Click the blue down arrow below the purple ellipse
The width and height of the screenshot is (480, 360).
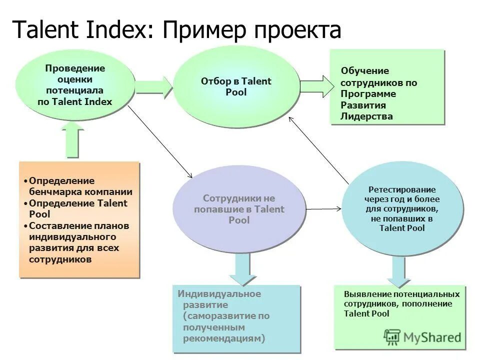tap(242, 270)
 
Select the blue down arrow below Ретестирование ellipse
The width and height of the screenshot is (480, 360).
tap(398, 273)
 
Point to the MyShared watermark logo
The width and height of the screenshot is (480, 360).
tap(422, 337)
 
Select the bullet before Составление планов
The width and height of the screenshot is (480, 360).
tap(25, 226)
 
